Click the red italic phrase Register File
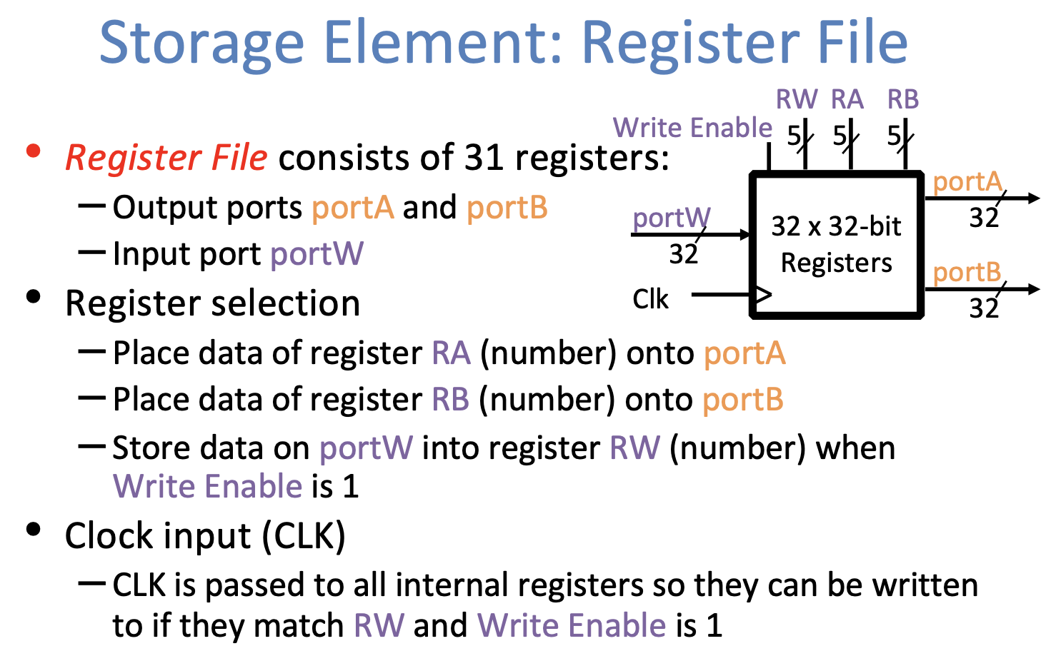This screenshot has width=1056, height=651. point(166,158)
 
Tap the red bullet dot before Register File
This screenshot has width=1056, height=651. point(33,151)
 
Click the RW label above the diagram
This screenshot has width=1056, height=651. point(796,99)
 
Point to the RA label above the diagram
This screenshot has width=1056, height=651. point(847,99)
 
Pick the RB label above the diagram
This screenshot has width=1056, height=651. point(902,99)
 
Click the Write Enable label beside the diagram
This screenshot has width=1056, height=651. point(692,128)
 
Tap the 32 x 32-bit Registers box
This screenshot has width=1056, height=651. point(836,244)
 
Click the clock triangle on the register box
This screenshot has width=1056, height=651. point(762,294)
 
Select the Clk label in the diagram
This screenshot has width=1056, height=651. point(650,299)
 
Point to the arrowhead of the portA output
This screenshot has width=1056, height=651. point(1033,198)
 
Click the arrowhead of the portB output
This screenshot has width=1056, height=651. point(1033,288)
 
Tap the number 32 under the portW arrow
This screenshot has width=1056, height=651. point(683,254)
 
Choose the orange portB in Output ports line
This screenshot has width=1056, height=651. point(507,208)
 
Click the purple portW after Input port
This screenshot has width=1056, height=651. point(317,254)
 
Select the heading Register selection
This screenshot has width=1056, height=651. point(212,303)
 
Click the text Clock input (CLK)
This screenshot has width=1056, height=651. point(205,536)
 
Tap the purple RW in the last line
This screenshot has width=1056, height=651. point(379,625)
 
